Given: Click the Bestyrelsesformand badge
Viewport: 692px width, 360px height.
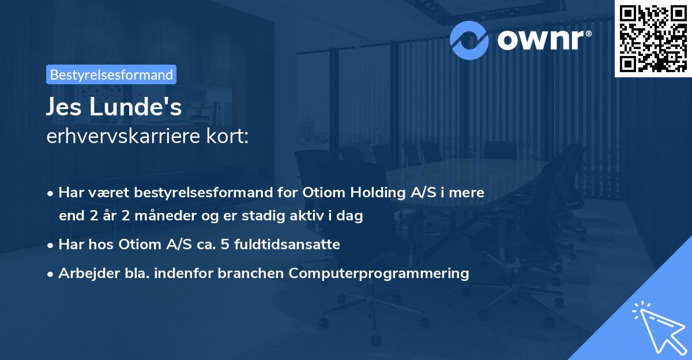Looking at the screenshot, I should (x=111, y=74).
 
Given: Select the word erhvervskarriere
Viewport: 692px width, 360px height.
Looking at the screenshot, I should (x=123, y=137).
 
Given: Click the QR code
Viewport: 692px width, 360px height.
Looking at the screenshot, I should (x=653, y=38).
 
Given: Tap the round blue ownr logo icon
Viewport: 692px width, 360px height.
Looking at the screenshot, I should (x=470, y=39).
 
